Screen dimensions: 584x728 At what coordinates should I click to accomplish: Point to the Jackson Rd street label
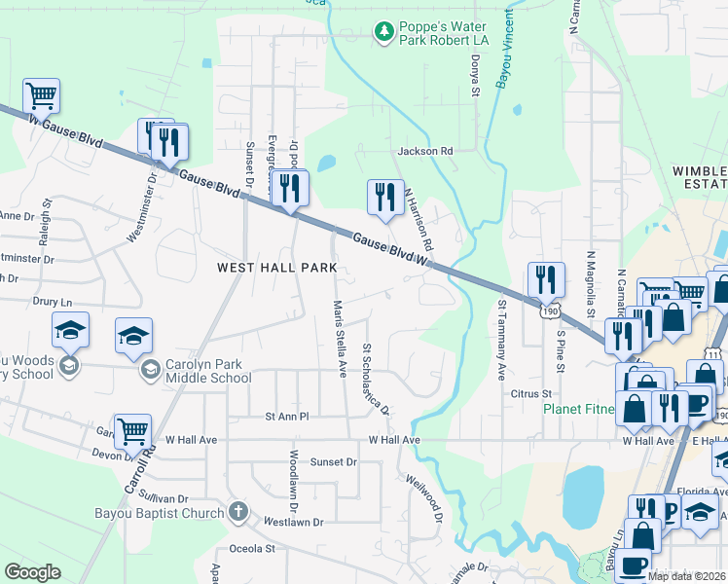pyautogui.click(x=425, y=152)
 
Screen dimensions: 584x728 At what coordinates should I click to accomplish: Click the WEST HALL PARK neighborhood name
pyautogui.click(x=276, y=267)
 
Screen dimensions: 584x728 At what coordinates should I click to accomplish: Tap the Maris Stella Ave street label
pyautogui.click(x=340, y=338)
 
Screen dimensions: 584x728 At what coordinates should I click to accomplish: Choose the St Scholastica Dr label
pyautogui.click(x=375, y=378)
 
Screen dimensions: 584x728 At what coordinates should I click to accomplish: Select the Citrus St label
pyautogui.click(x=531, y=394)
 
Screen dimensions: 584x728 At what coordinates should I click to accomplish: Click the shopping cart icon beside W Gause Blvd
pyautogui.click(x=42, y=95)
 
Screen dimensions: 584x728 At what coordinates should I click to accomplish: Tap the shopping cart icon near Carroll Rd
pyautogui.click(x=132, y=430)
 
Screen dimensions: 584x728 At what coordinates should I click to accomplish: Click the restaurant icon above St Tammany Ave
pyautogui.click(x=546, y=279)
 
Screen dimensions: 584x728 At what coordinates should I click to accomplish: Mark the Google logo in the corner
pyautogui.click(x=33, y=571)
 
